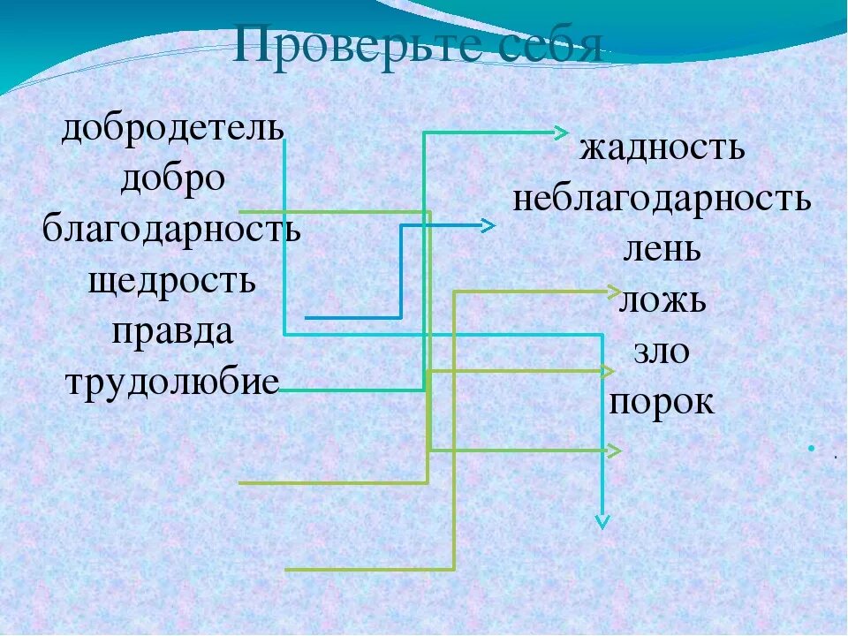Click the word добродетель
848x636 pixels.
tap(172, 128)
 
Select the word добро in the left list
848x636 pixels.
tap(173, 179)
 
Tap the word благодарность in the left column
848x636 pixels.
tap(172, 231)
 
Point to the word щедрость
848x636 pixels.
tap(172, 282)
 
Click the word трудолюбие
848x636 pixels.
tap(172, 382)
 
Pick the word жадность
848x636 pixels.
tap(662, 148)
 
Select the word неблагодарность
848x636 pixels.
tap(662, 199)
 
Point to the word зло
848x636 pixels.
tap(662, 352)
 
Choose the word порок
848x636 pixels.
tap(662, 403)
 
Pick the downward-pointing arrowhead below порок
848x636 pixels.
tap(602, 521)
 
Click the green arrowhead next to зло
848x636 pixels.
tap(608, 370)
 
